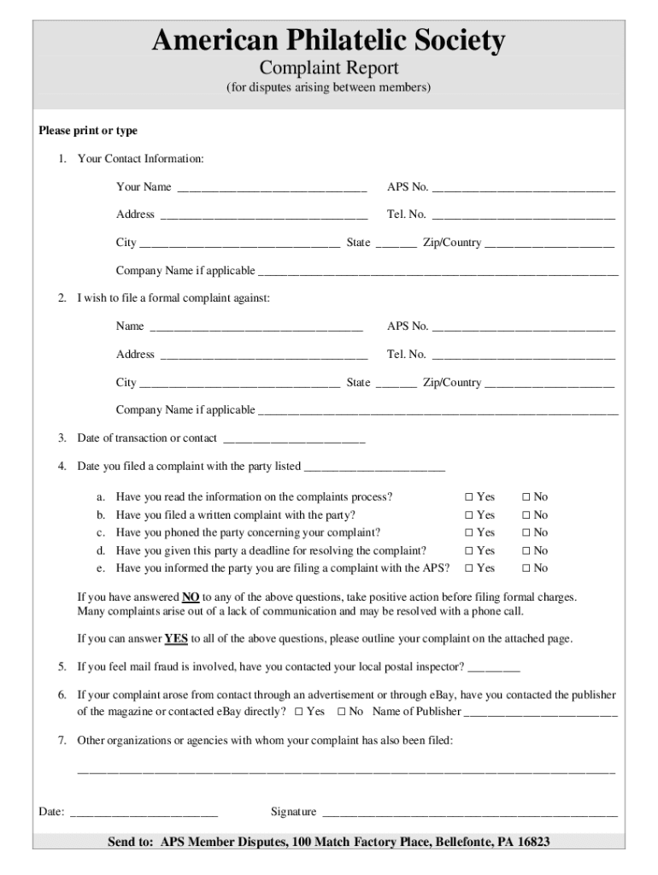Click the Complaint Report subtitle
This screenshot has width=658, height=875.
[329, 68]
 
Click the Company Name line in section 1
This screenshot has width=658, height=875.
[438, 273]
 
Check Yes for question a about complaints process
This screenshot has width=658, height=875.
[468, 497]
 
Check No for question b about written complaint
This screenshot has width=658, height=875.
[526, 515]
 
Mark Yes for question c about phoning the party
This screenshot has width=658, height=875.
[468, 533]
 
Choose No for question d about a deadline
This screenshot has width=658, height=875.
[526, 551]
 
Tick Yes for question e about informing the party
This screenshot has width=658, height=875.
[468, 568]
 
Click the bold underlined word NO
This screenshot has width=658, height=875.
[191, 597]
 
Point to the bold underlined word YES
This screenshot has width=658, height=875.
[176, 638]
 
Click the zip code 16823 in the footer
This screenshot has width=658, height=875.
[532, 843]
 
